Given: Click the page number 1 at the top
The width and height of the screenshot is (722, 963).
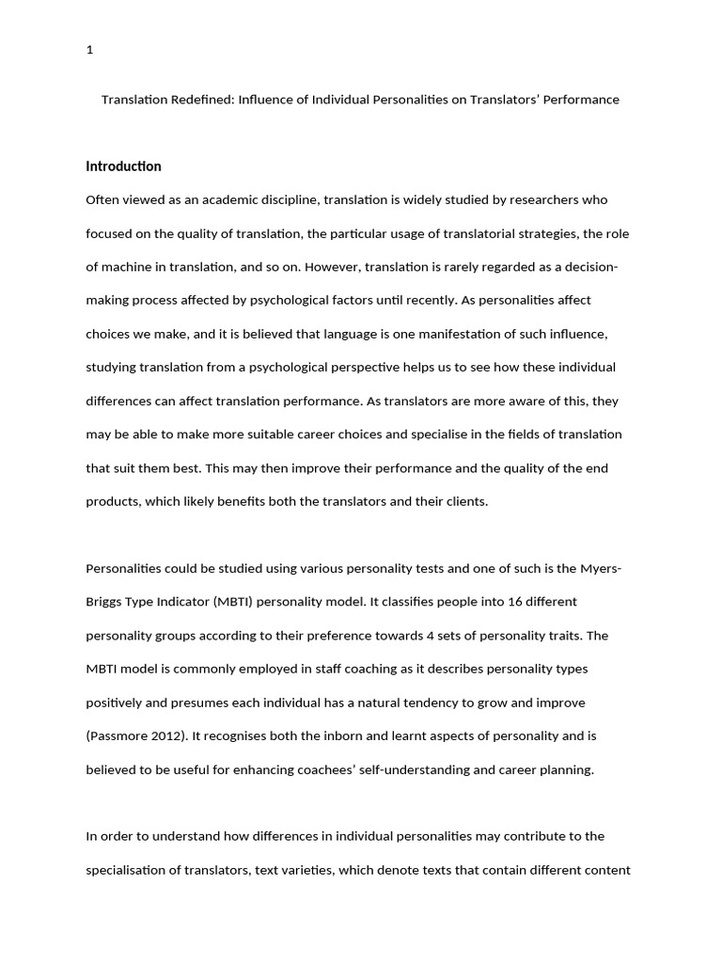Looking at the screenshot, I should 89,51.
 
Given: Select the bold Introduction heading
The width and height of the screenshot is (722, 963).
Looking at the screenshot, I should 123,166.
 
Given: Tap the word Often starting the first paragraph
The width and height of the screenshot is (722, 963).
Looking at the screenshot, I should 102,199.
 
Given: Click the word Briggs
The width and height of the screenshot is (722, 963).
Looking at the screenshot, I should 104,602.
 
